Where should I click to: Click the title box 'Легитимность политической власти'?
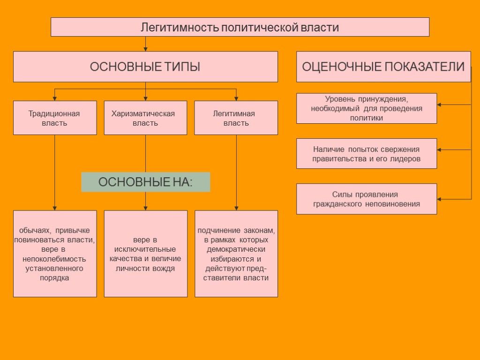[240, 27]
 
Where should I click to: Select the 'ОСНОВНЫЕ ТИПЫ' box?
[145, 67]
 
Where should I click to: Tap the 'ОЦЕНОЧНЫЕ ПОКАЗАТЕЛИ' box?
[383, 67]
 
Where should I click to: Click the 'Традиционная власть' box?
[55, 118]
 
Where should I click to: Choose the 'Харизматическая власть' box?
[145, 118]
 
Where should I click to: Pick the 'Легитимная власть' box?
[236, 118]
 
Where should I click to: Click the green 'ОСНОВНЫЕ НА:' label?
[145, 182]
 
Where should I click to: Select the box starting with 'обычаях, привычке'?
[55, 254]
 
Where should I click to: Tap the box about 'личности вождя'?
[145, 254]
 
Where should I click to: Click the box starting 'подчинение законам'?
[236, 254]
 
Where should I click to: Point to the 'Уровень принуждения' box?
[367, 108]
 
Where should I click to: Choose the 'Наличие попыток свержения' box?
[367, 153]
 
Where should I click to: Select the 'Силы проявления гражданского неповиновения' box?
[367, 199]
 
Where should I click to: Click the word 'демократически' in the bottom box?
[236, 249]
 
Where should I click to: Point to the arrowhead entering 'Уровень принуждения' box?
[440, 105]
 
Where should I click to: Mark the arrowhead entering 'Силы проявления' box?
[440, 199]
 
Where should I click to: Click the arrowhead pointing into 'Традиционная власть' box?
[55, 98]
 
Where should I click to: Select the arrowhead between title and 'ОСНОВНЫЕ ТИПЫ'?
[146, 49]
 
